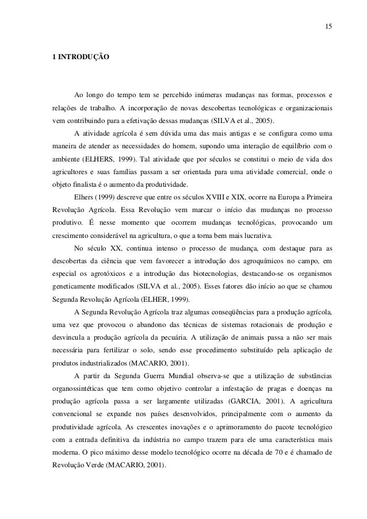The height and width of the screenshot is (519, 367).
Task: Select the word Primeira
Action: click(316, 198)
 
